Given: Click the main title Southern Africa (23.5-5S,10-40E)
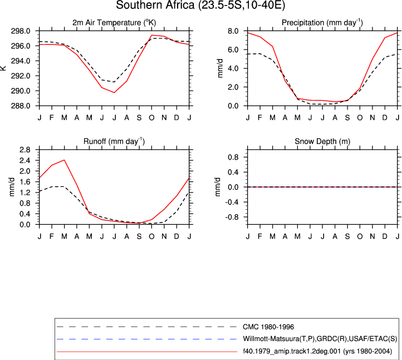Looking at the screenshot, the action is [200, 5].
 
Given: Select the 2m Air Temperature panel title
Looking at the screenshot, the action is [114, 23].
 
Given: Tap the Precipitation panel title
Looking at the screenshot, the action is [322, 23].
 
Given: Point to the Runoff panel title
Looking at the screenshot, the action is [114, 141].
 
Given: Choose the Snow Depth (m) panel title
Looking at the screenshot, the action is [322, 141].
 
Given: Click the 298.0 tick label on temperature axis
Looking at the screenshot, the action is [21, 31].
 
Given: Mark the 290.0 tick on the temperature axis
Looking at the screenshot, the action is [21, 91].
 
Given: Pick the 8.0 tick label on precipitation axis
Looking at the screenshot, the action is [233, 31].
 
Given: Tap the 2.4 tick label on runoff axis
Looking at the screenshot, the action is [25, 160].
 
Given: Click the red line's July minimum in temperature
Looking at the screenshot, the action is [114, 92].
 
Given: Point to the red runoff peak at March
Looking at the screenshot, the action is [64, 160].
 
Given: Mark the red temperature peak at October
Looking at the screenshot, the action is [152, 35].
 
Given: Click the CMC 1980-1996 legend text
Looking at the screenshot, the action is [268, 327].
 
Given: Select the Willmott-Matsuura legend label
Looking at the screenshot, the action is [320, 339].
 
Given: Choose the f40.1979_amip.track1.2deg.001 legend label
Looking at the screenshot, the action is [317, 351].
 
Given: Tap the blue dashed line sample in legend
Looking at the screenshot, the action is [146, 339].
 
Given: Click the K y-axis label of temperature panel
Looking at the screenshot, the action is [3, 68].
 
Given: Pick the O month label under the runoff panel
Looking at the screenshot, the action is [151, 236].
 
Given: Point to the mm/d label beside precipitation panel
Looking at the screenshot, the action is [220, 68].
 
